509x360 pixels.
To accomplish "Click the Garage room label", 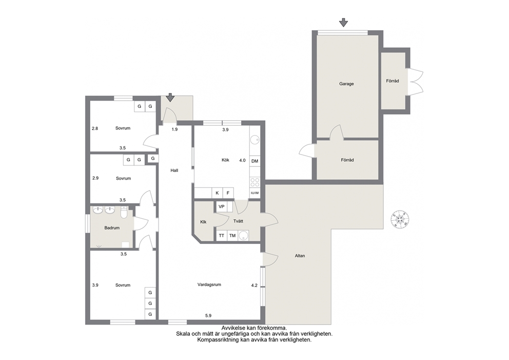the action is [x=346, y=84].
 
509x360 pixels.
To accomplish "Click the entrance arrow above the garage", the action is [x=343, y=23].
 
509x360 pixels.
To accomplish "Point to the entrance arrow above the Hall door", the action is [x=170, y=98].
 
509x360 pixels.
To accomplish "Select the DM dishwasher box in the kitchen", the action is [x=255, y=161].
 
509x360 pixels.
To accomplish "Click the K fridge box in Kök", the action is [x=217, y=193].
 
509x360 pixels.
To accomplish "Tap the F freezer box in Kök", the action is [x=228, y=193].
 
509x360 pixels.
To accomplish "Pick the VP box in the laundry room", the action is [x=222, y=206].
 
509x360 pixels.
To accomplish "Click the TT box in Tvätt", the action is [x=221, y=236].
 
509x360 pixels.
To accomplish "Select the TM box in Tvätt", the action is [x=232, y=236].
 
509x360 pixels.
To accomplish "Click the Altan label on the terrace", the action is [x=300, y=256].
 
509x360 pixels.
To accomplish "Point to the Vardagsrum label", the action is [x=209, y=285].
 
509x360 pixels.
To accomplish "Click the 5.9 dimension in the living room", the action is [x=208, y=315].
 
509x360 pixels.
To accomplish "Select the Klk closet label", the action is [x=204, y=222].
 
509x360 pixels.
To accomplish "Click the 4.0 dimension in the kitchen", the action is [x=243, y=161].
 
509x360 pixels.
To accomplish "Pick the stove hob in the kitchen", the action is [x=255, y=182].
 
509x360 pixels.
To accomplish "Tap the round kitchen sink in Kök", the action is [x=255, y=140].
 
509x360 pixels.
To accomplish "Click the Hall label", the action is [x=174, y=170].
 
